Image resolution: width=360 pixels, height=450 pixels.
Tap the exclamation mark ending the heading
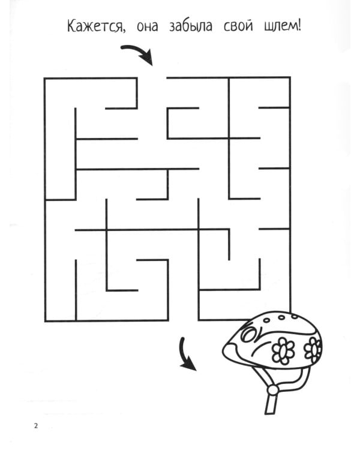pos(298,27)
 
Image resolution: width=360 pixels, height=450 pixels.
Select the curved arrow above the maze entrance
pos(137,54)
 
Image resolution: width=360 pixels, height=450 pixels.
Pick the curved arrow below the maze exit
pos(187,354)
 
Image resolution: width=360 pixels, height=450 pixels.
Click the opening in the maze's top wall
pos(152,78)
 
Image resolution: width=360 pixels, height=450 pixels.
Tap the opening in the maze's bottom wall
pos(183,320)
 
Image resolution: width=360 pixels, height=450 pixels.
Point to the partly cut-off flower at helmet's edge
pos(313,346)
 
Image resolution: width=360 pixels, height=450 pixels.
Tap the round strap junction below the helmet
pos(273,389)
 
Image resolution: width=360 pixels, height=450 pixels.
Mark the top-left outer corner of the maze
pos(46,78)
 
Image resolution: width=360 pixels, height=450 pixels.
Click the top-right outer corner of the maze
pos(290,78)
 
